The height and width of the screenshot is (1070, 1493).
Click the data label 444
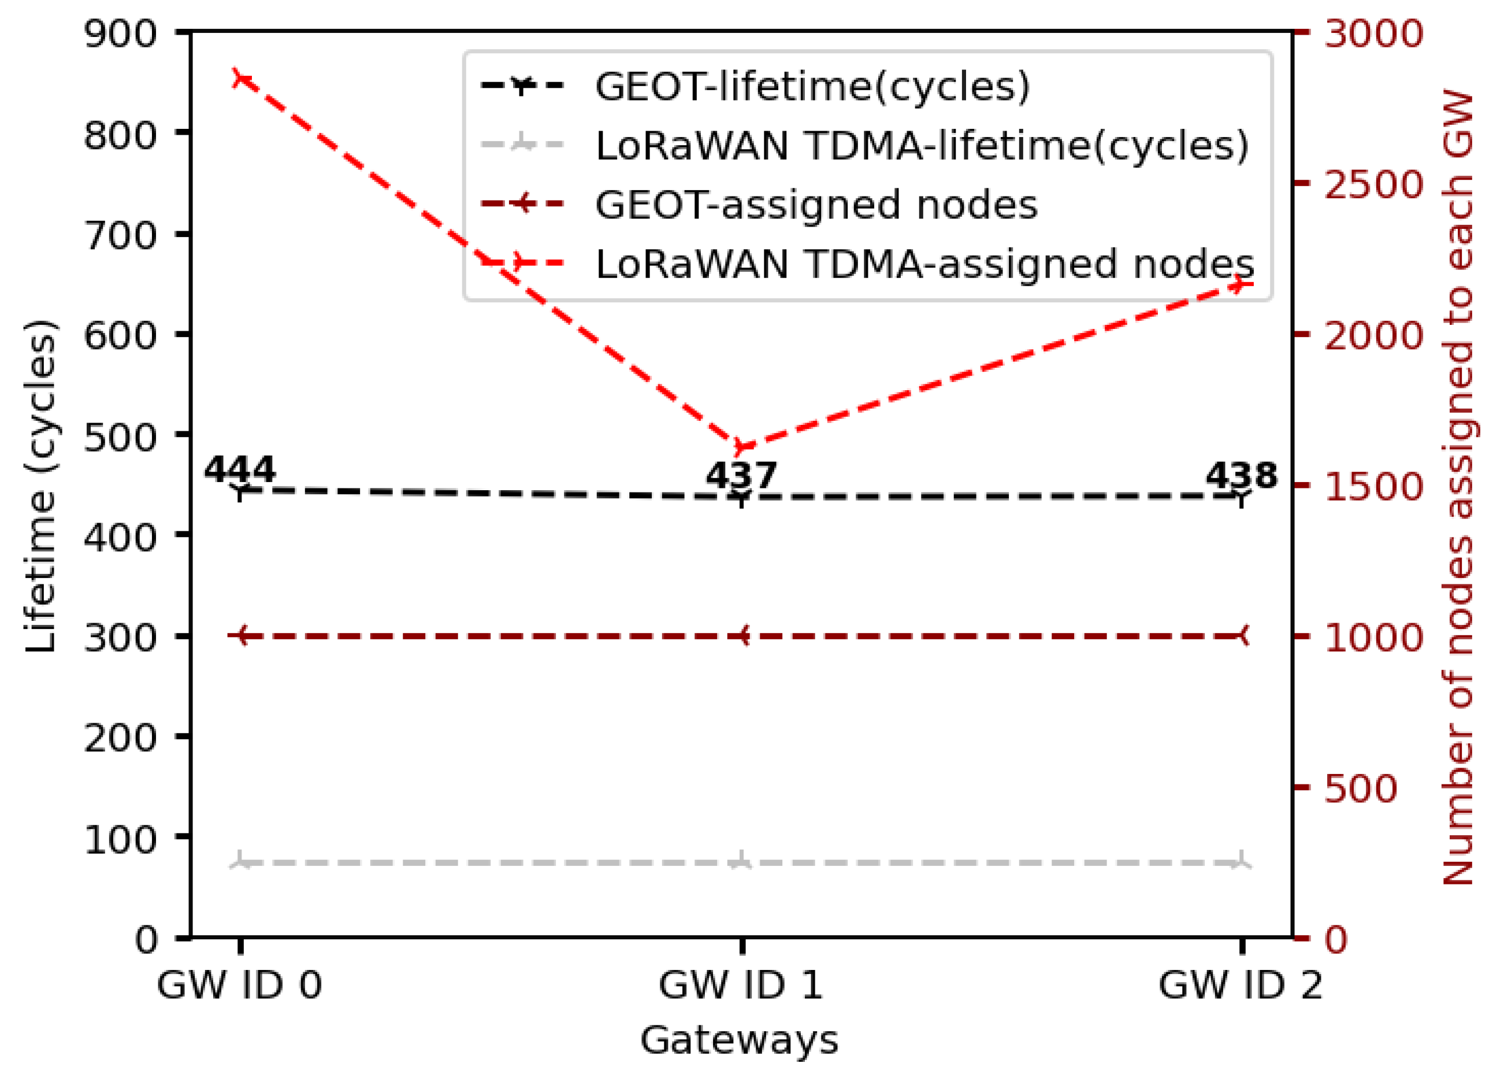point(240,470)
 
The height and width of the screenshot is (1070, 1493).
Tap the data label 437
point(741,475)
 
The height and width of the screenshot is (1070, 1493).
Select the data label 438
point(1242,475)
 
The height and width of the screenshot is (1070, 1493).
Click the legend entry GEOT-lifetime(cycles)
point(812,86)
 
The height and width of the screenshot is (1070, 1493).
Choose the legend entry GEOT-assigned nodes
point(816,205)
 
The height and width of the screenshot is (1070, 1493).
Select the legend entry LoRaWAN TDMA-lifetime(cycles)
point(922,146)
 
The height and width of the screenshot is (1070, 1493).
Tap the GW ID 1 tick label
point(741,986)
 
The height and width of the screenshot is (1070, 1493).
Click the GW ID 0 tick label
point(240,986)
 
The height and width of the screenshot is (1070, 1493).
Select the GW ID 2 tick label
point(1241,986)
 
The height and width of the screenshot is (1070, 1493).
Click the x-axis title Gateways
point(739,1041)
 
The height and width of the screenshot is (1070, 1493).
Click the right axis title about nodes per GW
point(1457,487)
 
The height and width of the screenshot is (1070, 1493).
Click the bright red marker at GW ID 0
point(242,79)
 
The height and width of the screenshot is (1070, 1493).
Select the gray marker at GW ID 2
point(1242,862)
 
